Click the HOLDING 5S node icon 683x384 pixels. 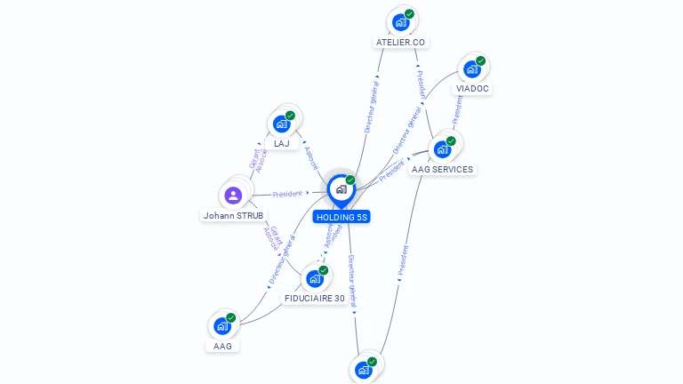click(x=341, y=189)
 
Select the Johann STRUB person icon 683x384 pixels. click(x=233, y=196)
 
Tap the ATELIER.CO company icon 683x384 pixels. click(x=400, y=22)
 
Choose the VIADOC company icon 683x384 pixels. click(x=472, y=68)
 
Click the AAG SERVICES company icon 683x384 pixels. click(x=442, y=148)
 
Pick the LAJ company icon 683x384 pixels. click(x=282, y=124)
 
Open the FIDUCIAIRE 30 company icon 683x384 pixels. click(x=315, y=278)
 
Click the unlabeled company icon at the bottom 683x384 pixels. click(x=363, y=369)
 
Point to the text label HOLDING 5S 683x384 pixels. click(x=341, y=217)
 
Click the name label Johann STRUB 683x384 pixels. click(x=233, y=216)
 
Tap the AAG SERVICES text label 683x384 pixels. click(x=442, y=169)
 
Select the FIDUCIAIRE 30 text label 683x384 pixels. click(x=315, y=299)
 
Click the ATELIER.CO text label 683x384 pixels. click(x=401, y=43)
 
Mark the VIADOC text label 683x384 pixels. click(x=472, y=89)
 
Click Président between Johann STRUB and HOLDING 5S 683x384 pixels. click(x=287, y=193)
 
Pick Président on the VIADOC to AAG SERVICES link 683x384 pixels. click(x=457, y=108)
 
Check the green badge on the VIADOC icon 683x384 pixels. click(x=481, y=60)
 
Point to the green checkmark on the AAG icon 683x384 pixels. click(x=231, y=317)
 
